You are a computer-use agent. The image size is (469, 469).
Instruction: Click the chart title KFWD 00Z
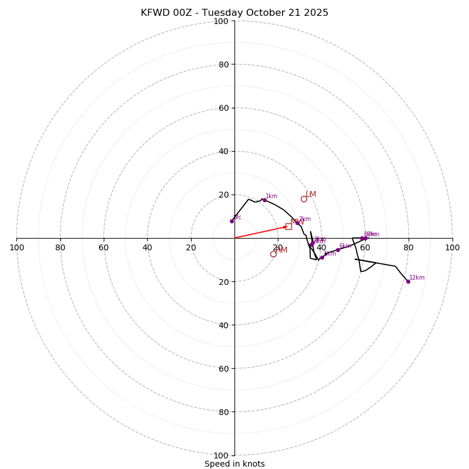235,13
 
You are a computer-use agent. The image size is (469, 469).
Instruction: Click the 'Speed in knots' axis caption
235,464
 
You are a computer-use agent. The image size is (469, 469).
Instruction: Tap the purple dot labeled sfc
232,221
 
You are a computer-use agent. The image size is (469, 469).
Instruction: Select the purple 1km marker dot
264,200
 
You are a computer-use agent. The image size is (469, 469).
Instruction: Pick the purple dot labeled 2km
297,223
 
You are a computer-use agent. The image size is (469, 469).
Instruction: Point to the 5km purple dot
322,257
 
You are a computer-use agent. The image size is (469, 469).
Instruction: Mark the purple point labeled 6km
338,250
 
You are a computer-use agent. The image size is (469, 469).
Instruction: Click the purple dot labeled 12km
408,281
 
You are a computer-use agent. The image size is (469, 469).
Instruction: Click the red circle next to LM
304,199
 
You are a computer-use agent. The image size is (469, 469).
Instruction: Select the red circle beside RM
273,254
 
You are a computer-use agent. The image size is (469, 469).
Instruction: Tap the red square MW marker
288,226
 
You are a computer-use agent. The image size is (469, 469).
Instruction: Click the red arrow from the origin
261,232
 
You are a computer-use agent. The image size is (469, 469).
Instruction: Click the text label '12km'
417,278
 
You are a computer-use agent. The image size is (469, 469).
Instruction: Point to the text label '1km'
271,196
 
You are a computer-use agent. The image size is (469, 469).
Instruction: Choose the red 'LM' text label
311,195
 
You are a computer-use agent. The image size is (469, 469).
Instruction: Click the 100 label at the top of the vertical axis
221,22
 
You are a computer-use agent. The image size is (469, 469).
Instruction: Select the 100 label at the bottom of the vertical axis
221,456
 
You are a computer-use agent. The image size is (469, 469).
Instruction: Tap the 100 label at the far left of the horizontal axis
16,247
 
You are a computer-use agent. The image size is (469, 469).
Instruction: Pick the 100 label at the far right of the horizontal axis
453,247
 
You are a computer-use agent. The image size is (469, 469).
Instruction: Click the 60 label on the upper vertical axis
223,108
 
